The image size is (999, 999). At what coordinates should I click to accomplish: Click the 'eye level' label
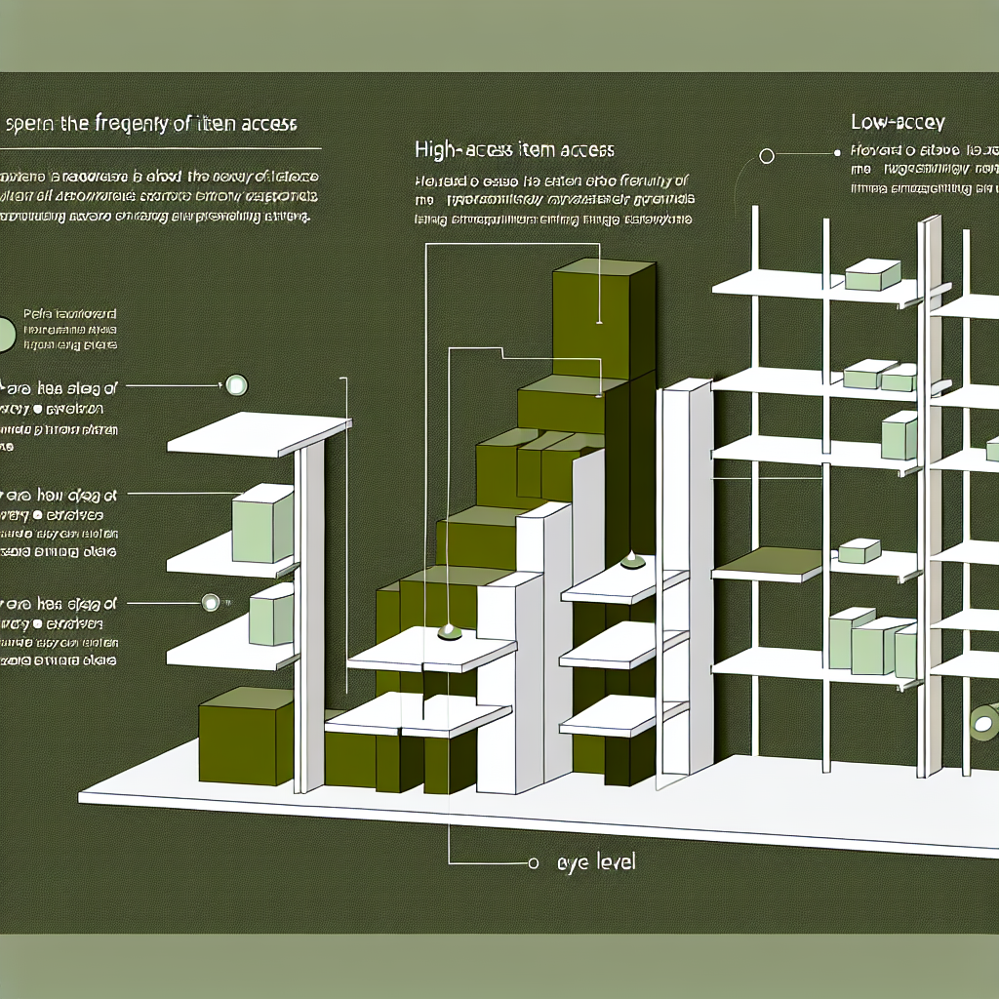click(595, 863)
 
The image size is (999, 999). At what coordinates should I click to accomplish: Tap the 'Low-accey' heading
click(898, 123)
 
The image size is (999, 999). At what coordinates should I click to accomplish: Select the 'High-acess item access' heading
click(514, 150)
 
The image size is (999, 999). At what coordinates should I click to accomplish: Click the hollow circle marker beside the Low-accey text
click(766, 155)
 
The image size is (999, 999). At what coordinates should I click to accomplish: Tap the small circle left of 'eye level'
click(533, 863)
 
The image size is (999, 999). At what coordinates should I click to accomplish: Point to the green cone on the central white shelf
click(631, 560)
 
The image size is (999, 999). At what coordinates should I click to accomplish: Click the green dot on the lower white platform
click(449, 631)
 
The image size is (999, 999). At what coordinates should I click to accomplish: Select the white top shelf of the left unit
click(260, 433)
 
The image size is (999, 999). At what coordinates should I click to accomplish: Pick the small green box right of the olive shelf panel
click(859, 551)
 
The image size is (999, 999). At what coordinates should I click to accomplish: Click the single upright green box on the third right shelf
click(899, 435)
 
